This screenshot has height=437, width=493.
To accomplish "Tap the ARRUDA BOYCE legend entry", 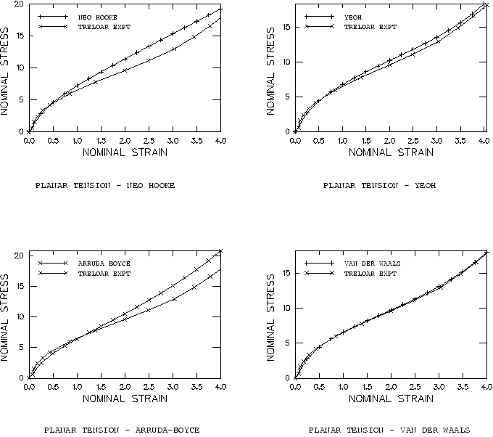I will click(98, 264).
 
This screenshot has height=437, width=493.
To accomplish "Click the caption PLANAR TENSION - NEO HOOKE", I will click(105, 185).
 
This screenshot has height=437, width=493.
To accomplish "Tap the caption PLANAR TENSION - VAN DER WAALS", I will click(389, 430).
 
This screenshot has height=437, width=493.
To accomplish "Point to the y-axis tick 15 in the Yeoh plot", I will click(286, 28).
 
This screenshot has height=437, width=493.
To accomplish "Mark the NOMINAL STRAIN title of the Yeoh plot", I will click(391, 152).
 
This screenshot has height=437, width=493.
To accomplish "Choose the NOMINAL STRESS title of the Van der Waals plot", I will click(273, 314).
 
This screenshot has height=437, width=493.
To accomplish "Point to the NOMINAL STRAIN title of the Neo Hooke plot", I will click(125, 152).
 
